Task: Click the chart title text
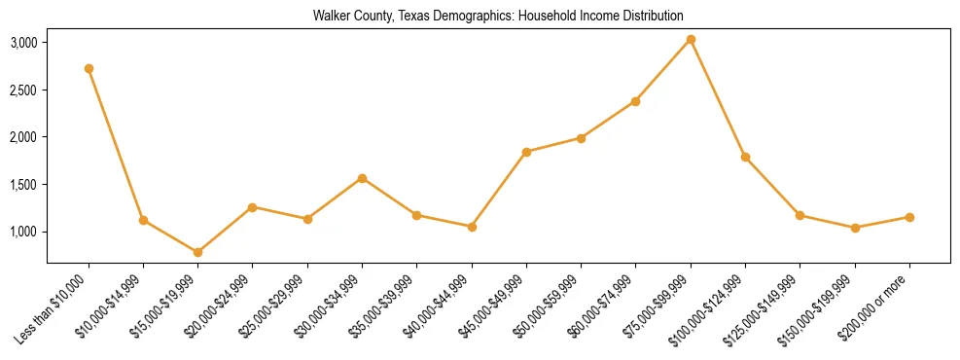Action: click(x=498, y=16)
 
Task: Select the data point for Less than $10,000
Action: click(x=89, y=68)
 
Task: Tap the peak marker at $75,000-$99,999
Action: click(x=691, y=39)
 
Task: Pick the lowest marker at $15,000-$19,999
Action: click(x=198, y=252)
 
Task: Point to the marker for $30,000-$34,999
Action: click(x=362, y=178)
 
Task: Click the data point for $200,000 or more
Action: click(x=909, y=217)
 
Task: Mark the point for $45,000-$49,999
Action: click(x=526, y=152)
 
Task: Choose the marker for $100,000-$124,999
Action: click(x=745, y=157)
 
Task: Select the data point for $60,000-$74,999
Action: click(x=635, y=101)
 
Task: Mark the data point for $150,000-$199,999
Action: click(x=855, y=228)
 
